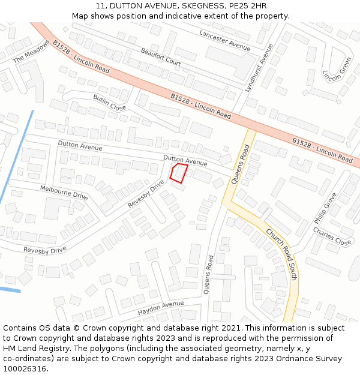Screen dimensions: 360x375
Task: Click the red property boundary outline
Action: pos(178,173)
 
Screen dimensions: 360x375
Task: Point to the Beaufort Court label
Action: pos(161,58)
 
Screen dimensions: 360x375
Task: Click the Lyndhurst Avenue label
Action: pos(259,67)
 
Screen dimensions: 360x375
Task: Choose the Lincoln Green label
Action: pos(337,70)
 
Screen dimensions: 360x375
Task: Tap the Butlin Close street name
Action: pos(109,103)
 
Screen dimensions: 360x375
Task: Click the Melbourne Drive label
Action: pos(64,192)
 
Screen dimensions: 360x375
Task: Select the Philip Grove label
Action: pos(325,208)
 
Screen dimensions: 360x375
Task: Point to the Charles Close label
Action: pos(332,236)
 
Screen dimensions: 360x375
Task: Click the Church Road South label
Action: pos(281,254)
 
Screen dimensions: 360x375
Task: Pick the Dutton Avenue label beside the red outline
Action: pos(185,160)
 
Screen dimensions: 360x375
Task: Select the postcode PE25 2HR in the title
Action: pos(246,6)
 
